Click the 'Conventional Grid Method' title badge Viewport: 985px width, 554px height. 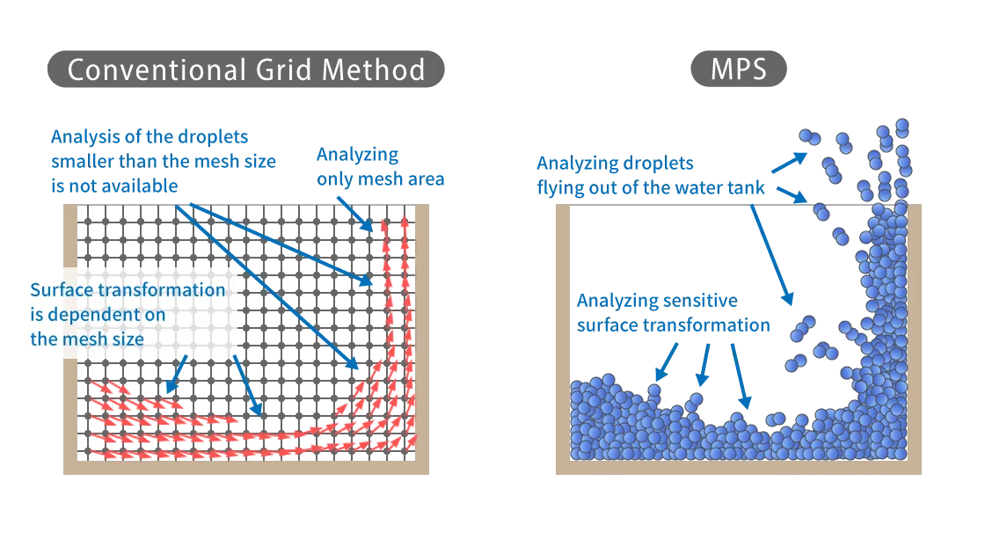coord(245,69)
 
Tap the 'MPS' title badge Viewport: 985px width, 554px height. coord(738,69)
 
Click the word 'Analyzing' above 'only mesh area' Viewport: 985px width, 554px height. coord(357,155)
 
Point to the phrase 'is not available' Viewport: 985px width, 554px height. coord(114,186)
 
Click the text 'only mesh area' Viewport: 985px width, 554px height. coord(381,179)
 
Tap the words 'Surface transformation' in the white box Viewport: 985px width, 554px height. coord(128,290)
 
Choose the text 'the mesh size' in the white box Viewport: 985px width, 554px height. coord(87,339)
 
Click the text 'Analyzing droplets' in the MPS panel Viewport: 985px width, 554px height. coord(615,164)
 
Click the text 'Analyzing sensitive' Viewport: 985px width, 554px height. coord(657,301)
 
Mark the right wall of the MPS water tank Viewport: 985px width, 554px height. coord(914,334)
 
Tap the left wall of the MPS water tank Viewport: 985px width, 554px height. coord(563,334)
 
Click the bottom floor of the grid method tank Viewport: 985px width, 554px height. coord(246,467)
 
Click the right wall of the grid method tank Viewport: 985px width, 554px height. coord(422,334)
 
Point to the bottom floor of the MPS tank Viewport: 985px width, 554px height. coord(739,467)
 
